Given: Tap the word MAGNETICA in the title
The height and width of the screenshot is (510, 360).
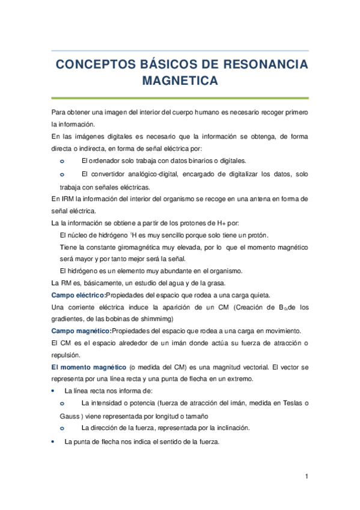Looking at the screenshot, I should pyautogui.click(x=180, y=81).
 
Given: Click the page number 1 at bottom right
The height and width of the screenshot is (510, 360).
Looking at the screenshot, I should pyautogui.click(x=306, y=478).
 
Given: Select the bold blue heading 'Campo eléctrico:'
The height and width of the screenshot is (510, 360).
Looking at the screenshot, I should pyautogui.click(x=78, y=295).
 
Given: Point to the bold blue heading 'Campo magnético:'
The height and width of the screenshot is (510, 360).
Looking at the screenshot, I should pyautogui.click(x=81, y=331).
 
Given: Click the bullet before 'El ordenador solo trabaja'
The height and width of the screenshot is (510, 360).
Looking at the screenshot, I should pyautogui.click(x=63, y=161).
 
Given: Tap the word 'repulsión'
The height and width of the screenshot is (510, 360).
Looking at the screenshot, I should pyautogui.click(x=66, y=355).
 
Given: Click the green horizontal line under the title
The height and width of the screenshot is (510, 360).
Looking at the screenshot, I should pyautogui.click(x=180, y=98).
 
